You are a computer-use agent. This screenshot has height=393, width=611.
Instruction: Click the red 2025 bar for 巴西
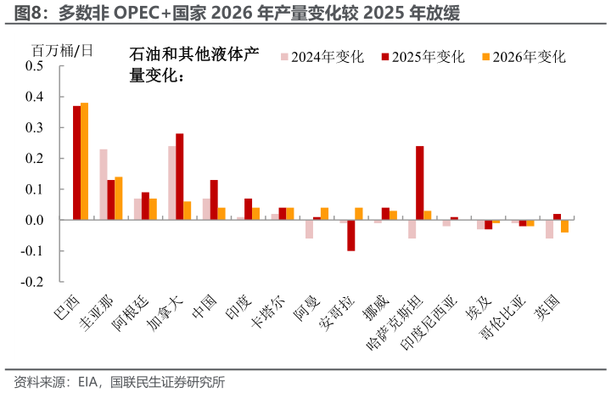coord(76,163)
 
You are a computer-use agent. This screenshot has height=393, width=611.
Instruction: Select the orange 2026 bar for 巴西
coord(84,161)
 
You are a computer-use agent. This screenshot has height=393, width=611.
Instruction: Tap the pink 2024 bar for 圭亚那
coord(103,184)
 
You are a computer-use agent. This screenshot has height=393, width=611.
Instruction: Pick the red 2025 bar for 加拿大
coord(179,177)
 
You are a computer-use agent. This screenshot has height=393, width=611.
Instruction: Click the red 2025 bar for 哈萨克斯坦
coord(419,182)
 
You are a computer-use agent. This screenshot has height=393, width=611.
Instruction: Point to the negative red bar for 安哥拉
coord(350,235)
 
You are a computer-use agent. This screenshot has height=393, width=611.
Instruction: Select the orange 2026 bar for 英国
coord(564,226)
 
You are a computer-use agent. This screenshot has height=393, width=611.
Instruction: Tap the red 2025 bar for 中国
coord(214,199)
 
